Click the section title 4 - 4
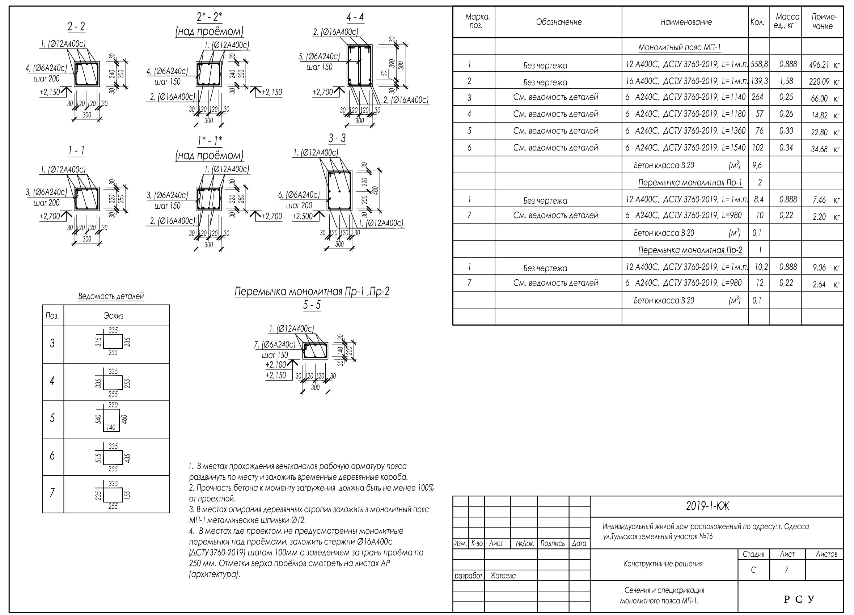(355, 17)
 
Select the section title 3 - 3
(337, 139)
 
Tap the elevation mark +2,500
(303, 216)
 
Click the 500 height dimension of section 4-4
(401, 65)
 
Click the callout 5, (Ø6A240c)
(319, 56)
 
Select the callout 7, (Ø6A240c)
(275, 344)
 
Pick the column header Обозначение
(559, 22)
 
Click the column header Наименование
(686, 22)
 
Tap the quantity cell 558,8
(759, 64)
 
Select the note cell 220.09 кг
(824, 81)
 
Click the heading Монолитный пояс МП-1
(680, 48)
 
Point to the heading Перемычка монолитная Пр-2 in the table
(690, 250)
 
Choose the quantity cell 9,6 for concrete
(757, 165)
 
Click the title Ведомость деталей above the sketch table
(111, 296)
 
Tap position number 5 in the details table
(52, 418)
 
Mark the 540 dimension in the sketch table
(98, 419)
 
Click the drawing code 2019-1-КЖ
(707, 506)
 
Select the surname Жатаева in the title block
(503, 576)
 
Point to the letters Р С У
(799, 599)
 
